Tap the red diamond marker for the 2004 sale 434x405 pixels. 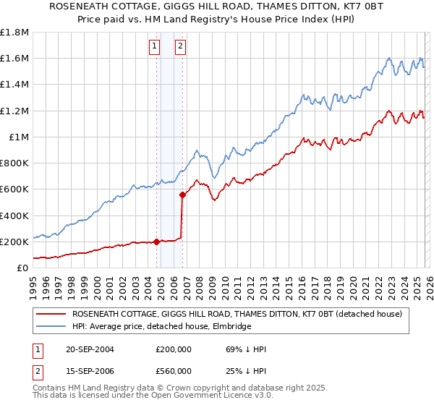(157, 242)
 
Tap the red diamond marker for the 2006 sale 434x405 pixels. (183, 195)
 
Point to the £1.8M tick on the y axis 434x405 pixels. (14, 33)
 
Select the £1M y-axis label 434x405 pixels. (18, 137)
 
